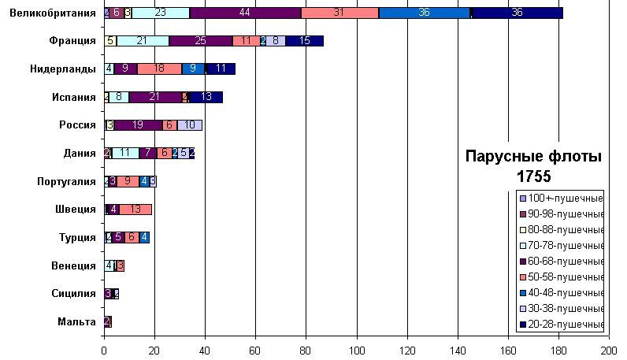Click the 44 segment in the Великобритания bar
(x=245, y=13)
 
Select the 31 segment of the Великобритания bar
(x=339, y=13)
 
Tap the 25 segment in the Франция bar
(x=201, y=41)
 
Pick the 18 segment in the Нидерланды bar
(x=159, y=69)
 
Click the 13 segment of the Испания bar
(x=206, y=97)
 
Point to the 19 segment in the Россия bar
(x=138, y=125)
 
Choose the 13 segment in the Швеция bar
(x=135, y=210)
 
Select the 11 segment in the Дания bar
(x=125, y=153)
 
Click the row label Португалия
(x=67, y=181)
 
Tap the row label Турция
(x=77, y=237)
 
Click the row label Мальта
(x=77, y=321)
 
